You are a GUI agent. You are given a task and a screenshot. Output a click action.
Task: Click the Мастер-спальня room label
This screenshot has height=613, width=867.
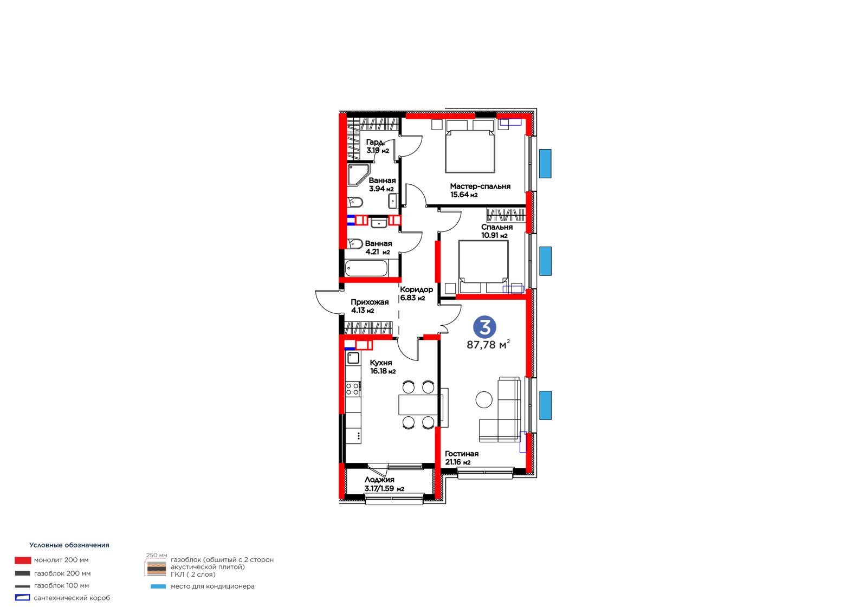[480, 186]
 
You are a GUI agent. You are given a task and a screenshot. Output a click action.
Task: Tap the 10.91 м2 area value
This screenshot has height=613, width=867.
[494, 235]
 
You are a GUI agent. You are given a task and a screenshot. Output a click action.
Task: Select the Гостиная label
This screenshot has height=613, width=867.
[461, 454]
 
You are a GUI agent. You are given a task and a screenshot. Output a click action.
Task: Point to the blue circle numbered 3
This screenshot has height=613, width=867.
[484, 327]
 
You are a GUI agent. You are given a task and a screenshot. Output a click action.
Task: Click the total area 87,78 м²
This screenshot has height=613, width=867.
[488, 344]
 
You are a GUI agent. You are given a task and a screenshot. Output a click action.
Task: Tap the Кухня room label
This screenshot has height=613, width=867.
[381, 363]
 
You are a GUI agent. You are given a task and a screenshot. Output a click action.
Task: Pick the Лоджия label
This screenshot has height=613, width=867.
[379, 480]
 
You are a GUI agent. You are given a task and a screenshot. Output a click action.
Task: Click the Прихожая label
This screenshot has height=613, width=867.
[370, 302]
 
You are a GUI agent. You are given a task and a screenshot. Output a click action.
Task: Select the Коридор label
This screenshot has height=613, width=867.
[417, 289]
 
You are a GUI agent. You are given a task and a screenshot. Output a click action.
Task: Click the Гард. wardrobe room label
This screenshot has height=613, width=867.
[375, 142]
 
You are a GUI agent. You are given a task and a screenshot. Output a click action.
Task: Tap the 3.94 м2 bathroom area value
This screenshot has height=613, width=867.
[381, 189]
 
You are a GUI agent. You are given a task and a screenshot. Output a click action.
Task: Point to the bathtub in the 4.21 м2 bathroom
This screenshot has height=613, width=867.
[366, 268]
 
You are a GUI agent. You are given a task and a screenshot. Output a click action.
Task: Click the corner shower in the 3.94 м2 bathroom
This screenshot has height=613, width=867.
[358, 175]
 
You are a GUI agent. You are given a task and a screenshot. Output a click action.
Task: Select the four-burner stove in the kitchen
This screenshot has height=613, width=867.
[353, 389]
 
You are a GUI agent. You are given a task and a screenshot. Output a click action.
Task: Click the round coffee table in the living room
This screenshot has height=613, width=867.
[484, 399]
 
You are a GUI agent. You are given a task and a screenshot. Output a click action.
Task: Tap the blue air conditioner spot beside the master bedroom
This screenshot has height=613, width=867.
[545, 164]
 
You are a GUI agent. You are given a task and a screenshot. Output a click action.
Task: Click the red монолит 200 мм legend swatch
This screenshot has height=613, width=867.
[23, 560]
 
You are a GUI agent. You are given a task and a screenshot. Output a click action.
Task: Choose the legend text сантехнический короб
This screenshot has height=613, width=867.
[72, 598]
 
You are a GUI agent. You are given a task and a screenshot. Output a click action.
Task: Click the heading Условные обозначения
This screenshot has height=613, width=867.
[69, 545]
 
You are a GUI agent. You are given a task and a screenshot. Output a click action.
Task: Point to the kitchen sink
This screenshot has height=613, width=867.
[353, 358]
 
